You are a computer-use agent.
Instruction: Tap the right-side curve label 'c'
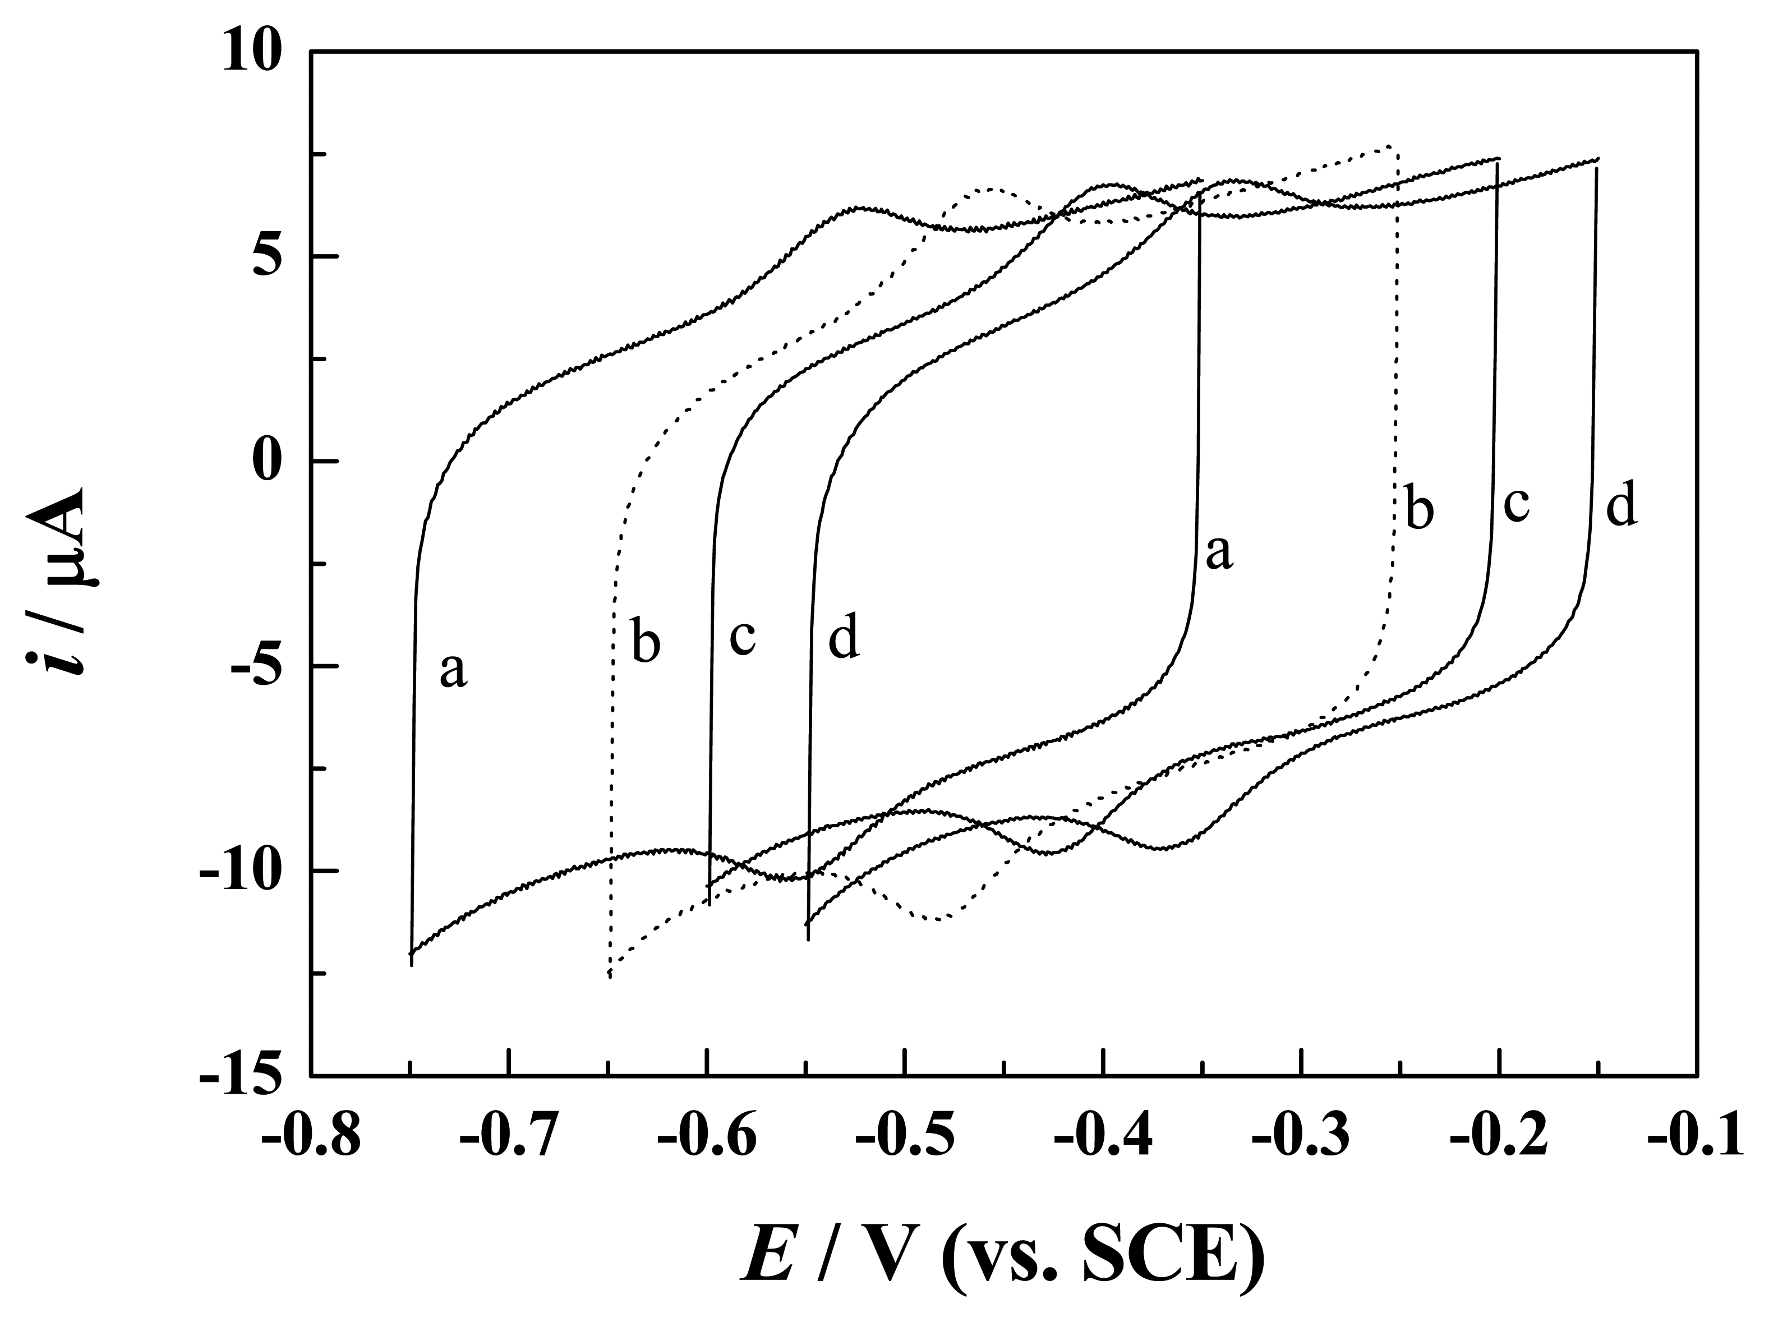point(1516,505)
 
